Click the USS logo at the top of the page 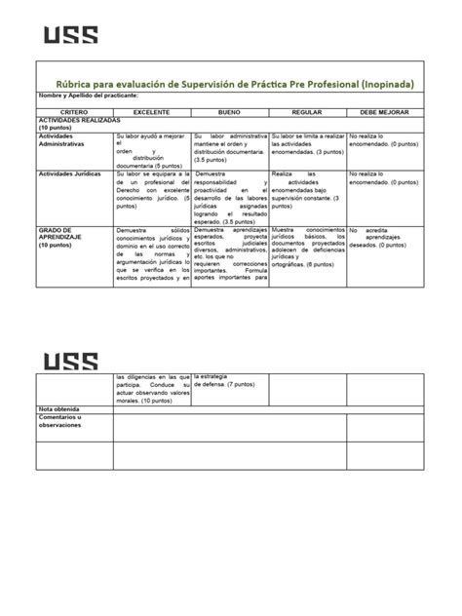(70, 35)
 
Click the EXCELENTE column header (151, 113)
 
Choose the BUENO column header (229, 113)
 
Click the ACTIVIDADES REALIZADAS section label (78, 123)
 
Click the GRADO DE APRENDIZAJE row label (66, 238)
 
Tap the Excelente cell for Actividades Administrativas (151, 151)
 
